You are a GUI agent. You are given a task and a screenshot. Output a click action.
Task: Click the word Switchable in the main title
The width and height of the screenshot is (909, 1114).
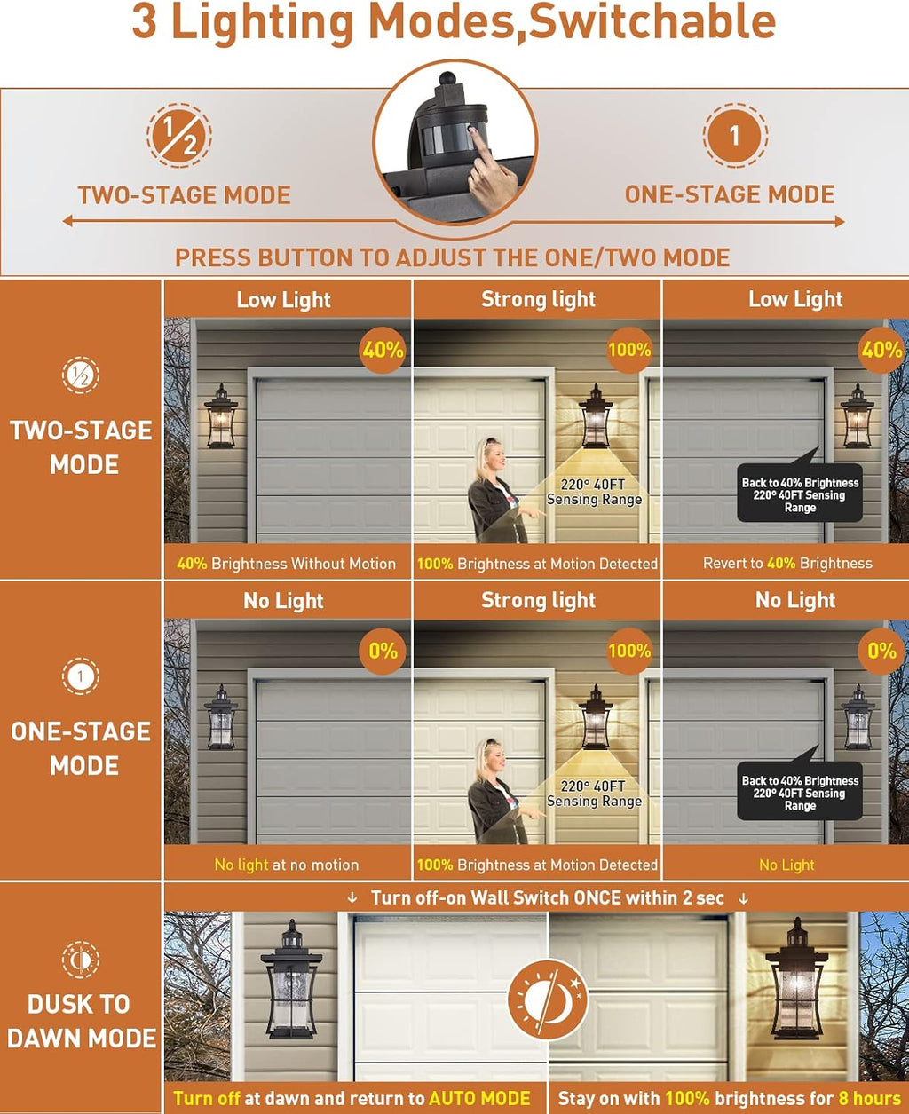[652, 22]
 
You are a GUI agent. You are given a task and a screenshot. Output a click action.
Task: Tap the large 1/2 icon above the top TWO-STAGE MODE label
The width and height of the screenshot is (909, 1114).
[179, 136]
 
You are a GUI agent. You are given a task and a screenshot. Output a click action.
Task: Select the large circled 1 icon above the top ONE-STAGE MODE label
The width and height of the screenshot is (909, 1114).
[735, 136]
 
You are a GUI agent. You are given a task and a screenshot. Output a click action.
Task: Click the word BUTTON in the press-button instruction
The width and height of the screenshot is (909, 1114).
[303, 257]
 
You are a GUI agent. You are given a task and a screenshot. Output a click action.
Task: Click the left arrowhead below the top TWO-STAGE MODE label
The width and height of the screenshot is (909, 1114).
[68, 221]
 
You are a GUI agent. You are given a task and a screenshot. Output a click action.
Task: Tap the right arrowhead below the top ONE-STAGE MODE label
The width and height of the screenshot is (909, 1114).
[839, 221]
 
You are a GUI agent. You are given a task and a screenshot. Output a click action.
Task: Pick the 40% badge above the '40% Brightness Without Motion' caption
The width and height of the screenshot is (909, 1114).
[383, 351]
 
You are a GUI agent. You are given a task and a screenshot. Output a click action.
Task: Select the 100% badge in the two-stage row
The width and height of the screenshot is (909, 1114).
[629, 350]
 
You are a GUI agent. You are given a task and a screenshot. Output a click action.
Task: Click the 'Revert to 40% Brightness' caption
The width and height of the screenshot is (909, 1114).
[787, 563]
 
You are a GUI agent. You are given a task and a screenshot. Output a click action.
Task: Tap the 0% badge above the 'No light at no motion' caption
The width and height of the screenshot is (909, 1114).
[383, 651]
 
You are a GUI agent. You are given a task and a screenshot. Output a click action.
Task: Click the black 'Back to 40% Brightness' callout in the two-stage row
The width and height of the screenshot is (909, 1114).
[800, 492]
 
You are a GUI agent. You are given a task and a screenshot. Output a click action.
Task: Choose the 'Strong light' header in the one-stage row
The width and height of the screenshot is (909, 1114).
[538, 600]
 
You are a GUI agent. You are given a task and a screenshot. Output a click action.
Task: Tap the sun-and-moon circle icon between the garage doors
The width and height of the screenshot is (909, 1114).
[549, 999]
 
